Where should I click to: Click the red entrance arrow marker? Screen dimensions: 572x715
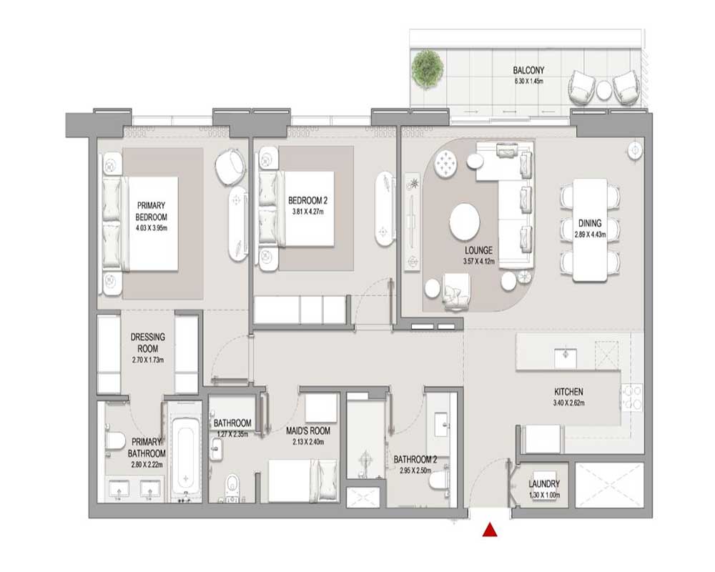pyautogui.click(x=490, y=530)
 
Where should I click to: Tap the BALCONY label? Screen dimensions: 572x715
pyautogui.click(x=528, y=70)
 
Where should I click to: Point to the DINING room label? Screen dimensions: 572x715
pyautogui.click(x=590, y=223)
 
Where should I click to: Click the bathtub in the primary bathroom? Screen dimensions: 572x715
pyautogui.click(x=186, y=455)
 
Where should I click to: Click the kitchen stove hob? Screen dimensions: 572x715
pyautogui.click(x=633, y=398)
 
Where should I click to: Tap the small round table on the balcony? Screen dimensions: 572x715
pyautogui.click(x=604, y=89)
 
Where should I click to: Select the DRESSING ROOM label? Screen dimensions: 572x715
pyautogui.click(x=148, y=342)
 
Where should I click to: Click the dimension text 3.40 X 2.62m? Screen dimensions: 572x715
pyautogui.click(x=568, y=403)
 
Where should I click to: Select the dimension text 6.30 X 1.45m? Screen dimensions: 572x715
pyautogui.click(x=528, y=81)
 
